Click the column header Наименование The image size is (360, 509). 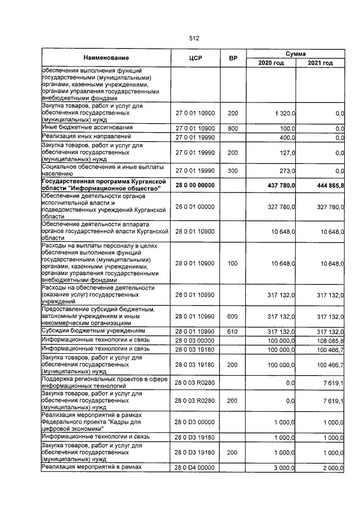pos(106,58)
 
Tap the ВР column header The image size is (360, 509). pos(232,58)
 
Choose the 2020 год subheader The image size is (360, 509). pos(271,62)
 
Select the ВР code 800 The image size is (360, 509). pos(232,128)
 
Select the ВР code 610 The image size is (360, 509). pos(232,331)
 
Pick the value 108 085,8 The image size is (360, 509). pos(327,340)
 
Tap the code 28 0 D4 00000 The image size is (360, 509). pos(195,468)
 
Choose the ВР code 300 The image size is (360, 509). pos(232,171)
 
